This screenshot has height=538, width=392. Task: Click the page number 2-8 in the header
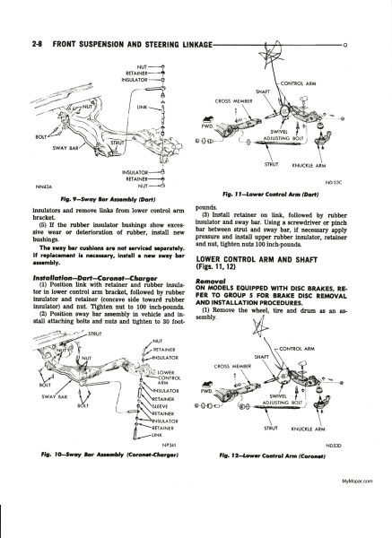[37, 45]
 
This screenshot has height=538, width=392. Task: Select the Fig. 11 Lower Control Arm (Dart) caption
[271, 195]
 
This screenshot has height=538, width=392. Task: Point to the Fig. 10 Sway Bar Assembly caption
[109, 455]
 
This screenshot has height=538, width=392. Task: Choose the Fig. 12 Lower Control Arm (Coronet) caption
[272, 456]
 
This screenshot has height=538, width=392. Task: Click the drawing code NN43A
[43, 187]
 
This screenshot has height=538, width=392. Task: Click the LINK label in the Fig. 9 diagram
[142, 107]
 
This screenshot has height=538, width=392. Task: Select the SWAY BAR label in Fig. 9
[65, 148]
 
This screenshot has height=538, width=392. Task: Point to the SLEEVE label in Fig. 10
[161, 406]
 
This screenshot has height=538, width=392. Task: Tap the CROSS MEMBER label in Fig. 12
[232, 366]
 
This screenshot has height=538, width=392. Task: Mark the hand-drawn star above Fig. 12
[261, 326]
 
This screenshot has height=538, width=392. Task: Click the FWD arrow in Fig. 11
[207, 120]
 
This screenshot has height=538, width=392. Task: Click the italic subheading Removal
[206, 281]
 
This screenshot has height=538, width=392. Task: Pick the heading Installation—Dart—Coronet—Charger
[95, 278]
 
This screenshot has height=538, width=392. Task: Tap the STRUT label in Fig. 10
[95, 334]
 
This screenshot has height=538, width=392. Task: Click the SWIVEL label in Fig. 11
[276, 132]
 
